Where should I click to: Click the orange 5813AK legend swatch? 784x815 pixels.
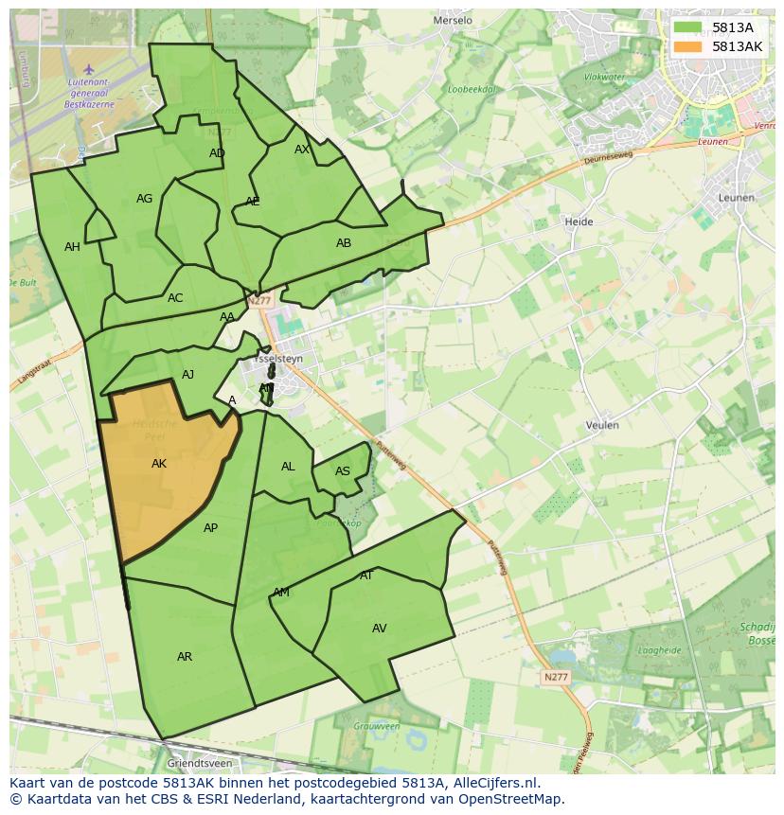[x=688, y=46]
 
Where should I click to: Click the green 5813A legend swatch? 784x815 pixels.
[x=688, y=27]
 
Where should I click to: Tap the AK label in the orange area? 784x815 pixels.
[x=159, y=464]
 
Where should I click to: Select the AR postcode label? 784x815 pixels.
[x=185, y=657]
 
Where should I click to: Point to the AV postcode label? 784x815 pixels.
[x=380, y=629]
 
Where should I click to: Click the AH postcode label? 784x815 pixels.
[x=72, y=247]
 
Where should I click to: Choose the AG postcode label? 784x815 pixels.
[x=144, y=199]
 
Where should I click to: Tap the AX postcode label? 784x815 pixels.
[x=302, y=150]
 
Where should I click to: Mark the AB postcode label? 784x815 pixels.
[x=344, y=243]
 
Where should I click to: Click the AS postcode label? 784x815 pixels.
[x=343, y=471]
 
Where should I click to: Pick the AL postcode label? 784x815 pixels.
[x=288, y=467]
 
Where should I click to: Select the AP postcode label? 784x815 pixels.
[x=210, y=528]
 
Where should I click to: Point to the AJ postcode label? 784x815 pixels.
[x=187, y=375]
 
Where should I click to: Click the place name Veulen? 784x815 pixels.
[x=602, y=425]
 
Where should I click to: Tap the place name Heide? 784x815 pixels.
[x=579, y=221]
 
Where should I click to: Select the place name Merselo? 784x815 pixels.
[x=452, y=20]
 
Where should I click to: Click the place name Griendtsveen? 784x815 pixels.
[x=200, y=762]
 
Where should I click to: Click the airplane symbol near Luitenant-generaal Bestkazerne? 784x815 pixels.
[x=89, y=68]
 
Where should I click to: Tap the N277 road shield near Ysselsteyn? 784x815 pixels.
[x=259, y=301]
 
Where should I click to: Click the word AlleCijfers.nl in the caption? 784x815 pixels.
[x=494, y=783]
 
